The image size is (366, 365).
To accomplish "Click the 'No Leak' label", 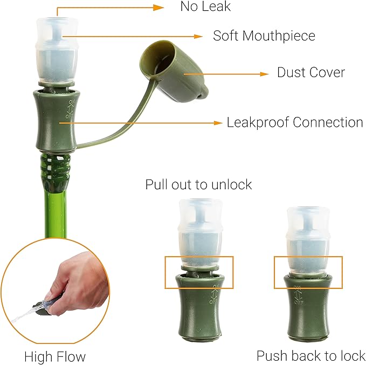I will pyautogui.click(x=205, y=7).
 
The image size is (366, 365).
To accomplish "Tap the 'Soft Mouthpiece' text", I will pyautogui.click(x=264, y=36).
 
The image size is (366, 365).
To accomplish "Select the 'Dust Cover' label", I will pyautogui.click(x=311, y=72).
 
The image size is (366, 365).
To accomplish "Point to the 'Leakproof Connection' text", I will pyautogui.click(x=294, y=122).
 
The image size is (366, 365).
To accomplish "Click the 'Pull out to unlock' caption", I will pyautogui.click(x=198, y=184).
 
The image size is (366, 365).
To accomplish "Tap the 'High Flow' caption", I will pyautogui.click(x=54, y=356).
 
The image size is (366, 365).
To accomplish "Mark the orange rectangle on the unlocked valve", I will pyautogui.click(x=198, y=272).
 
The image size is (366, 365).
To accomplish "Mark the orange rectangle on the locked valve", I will pyautogui.click(x=308, y=272).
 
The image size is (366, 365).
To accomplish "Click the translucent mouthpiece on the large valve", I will pyautogui.click(x=57, y=49).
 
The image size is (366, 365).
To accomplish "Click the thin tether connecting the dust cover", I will pyautogui.click(x=119, y=124).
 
